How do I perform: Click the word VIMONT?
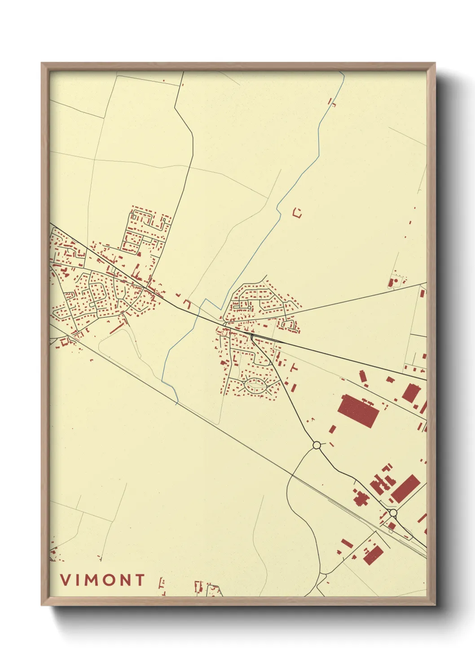103,580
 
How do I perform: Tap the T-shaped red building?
294,368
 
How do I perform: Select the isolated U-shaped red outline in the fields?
297,213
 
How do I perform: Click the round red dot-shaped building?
396,281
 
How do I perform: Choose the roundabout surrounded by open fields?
317,445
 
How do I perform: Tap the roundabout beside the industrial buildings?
393,513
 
